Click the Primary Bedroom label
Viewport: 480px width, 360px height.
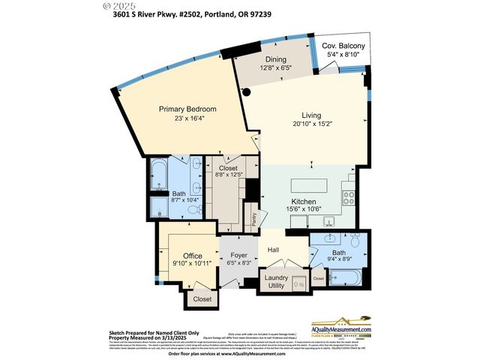point(181,109)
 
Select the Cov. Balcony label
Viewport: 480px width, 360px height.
point(338,45)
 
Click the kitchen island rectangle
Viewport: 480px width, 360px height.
point(309,184)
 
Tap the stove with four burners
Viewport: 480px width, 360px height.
point(349,199)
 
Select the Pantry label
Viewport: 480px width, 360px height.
point(254,219)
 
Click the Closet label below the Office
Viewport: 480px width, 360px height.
point(202,298)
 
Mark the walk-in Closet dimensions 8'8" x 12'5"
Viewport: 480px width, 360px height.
point(227,175)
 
